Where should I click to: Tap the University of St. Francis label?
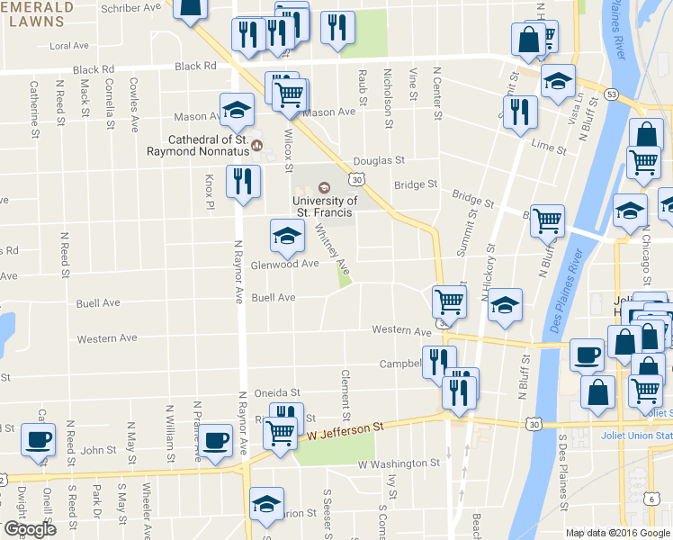tap(325, 206)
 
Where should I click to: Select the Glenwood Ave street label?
tap(284, 265)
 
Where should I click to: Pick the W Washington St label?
tap(399, 464)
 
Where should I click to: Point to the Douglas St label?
tap(379, 160)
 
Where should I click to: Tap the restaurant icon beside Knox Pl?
tap(243, 181)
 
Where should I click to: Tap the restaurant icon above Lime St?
tap(520, 112)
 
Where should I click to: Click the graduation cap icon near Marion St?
tap(266, 503)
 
